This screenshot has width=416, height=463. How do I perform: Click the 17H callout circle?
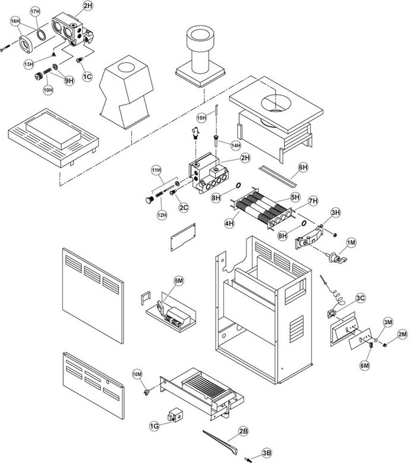tap(35, 11)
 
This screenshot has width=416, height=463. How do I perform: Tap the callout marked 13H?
tap(29, 63)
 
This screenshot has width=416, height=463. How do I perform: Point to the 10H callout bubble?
tap(48, 90)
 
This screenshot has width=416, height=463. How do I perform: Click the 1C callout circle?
tap(87, 76)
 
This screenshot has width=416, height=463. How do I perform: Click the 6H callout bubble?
tap(303, 168)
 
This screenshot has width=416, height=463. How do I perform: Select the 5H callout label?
tap(295, 197)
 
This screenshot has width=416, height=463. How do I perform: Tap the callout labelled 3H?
tap(335, 212)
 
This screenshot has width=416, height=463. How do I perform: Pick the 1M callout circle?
tap(351, 242)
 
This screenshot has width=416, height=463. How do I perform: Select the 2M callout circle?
tap(402, 334)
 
